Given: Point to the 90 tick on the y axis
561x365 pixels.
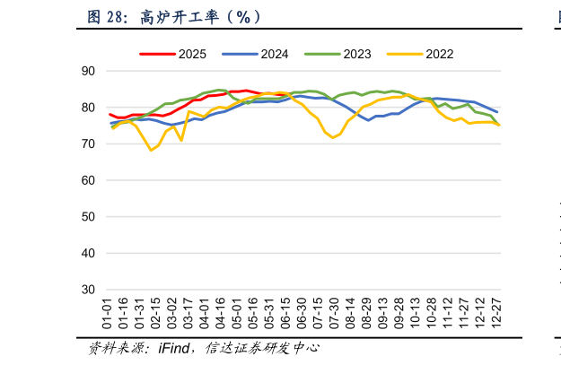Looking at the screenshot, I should (x=88, y=70).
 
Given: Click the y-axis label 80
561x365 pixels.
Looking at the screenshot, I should (x=88, y=107).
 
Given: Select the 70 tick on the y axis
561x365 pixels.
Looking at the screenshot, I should (x=88, y=143).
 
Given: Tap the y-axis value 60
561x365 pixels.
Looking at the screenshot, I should (x=88, y=180).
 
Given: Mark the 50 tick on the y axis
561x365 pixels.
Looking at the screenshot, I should (x=88, y=217).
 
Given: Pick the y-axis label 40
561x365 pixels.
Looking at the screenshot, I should (x=88, y=254).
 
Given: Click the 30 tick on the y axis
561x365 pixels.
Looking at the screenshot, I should (x=88, y=291).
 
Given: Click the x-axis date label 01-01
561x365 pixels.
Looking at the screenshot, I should (x=110, y=315).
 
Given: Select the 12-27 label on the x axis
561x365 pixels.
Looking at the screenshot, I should (x=497, y=315).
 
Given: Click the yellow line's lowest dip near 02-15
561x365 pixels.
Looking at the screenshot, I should (x=152, y=150).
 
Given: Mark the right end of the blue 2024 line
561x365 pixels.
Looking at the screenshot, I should (x=497, y=111).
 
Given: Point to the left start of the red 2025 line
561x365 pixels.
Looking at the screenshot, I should (x=110, y=114).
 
